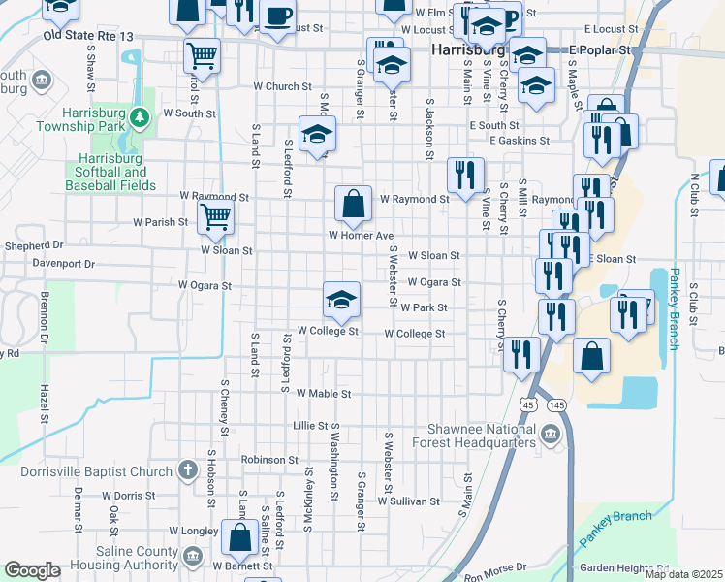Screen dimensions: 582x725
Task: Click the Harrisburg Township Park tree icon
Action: click(141, 118)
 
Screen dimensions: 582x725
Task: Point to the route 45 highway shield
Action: click(528, 404)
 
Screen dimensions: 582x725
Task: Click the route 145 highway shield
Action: click(556, 404)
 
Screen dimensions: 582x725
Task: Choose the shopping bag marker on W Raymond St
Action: click(354, 205)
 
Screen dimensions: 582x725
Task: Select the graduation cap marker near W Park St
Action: click(341, 300)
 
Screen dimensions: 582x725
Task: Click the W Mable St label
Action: click(323, 394)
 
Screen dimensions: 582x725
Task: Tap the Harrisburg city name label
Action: click(468, 48)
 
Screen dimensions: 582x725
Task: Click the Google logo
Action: click(32, 570)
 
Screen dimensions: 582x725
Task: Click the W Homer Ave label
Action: click(361, 236)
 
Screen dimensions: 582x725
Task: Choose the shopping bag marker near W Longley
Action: click(238, 537)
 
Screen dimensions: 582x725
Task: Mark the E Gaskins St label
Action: click(520, 141)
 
